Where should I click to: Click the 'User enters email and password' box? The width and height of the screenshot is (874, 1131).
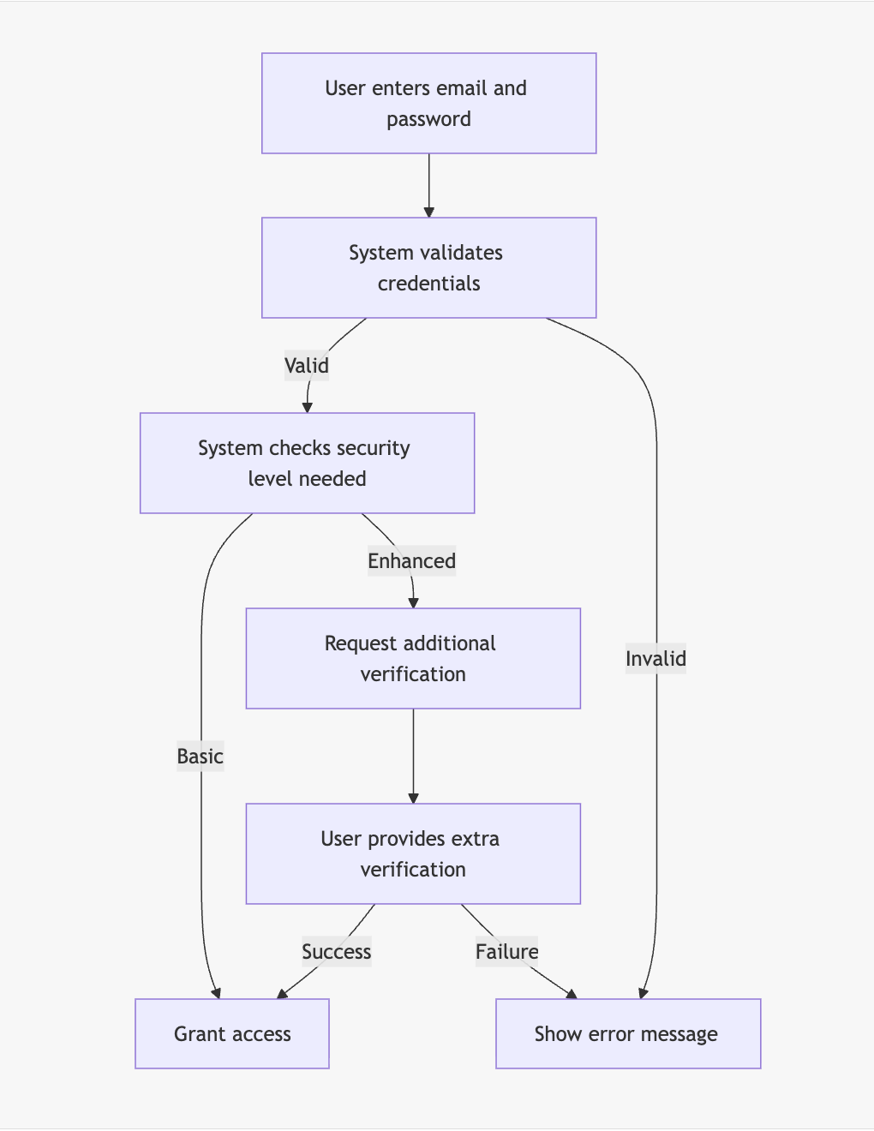click(428, 104)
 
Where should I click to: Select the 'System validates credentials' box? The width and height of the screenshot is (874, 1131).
click(428, 267)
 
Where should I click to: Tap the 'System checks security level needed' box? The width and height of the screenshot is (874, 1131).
click(307, 464)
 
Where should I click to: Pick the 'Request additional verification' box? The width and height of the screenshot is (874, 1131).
click(413, 659)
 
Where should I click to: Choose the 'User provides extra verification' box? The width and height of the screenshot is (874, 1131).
click(413, 854)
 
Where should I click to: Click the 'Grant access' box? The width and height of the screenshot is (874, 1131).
click(232, 1034)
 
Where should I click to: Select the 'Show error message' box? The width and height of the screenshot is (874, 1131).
click(627, 1034)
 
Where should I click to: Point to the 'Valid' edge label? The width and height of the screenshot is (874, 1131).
click(307, 366)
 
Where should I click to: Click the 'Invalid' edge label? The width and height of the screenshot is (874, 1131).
click(655, 659)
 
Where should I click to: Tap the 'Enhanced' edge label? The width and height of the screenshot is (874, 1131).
click(411, 561)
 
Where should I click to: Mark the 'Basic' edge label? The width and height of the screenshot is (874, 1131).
click(200, 757)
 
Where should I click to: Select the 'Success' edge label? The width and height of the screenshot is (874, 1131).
click(336, 952)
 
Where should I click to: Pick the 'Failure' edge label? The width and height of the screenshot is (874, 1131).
click(506, 952)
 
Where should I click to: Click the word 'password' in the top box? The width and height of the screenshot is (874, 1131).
click(428, 119)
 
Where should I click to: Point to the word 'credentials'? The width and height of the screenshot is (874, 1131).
click(428, 284)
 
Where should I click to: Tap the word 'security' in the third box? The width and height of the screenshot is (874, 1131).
click(374, 448)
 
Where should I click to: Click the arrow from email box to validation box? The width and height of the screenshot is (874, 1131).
click(428, 185)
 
